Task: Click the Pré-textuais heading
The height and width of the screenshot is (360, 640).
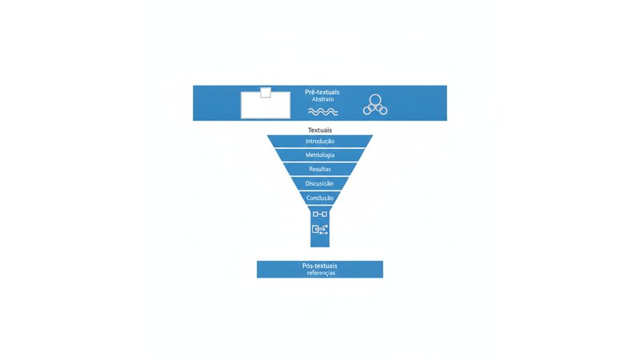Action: point(322,92)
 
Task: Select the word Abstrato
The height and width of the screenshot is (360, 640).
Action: point(323,99)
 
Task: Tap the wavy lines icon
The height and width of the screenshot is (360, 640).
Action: point(323,111)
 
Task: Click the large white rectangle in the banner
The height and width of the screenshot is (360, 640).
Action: point(266,106)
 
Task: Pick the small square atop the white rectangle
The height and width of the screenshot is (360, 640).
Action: point(266,92)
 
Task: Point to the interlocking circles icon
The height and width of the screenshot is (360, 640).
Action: point(375,105)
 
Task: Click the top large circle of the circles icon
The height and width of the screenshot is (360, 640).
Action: point(375,100)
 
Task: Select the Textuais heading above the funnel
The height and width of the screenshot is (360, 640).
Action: point(320,130)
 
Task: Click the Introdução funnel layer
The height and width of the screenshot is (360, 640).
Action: point(320,142)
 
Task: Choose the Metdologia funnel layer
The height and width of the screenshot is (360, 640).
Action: point(320,155)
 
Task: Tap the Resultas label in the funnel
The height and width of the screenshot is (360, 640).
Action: point(320,169)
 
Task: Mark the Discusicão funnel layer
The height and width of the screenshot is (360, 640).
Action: point(320,183)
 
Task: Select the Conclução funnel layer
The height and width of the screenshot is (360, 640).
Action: point(320,198)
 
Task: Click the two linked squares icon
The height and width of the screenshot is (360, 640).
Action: point(320,214)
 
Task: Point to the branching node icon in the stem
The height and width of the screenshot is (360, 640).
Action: point(320,230)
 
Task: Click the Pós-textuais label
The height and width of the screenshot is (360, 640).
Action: point(320,266)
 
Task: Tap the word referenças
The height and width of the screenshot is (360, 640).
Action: point(322,273)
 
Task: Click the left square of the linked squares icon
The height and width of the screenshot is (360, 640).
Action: point(315,214)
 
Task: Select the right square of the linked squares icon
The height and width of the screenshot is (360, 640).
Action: point(325,214)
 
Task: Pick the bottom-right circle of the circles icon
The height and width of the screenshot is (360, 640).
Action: point(382,110)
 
